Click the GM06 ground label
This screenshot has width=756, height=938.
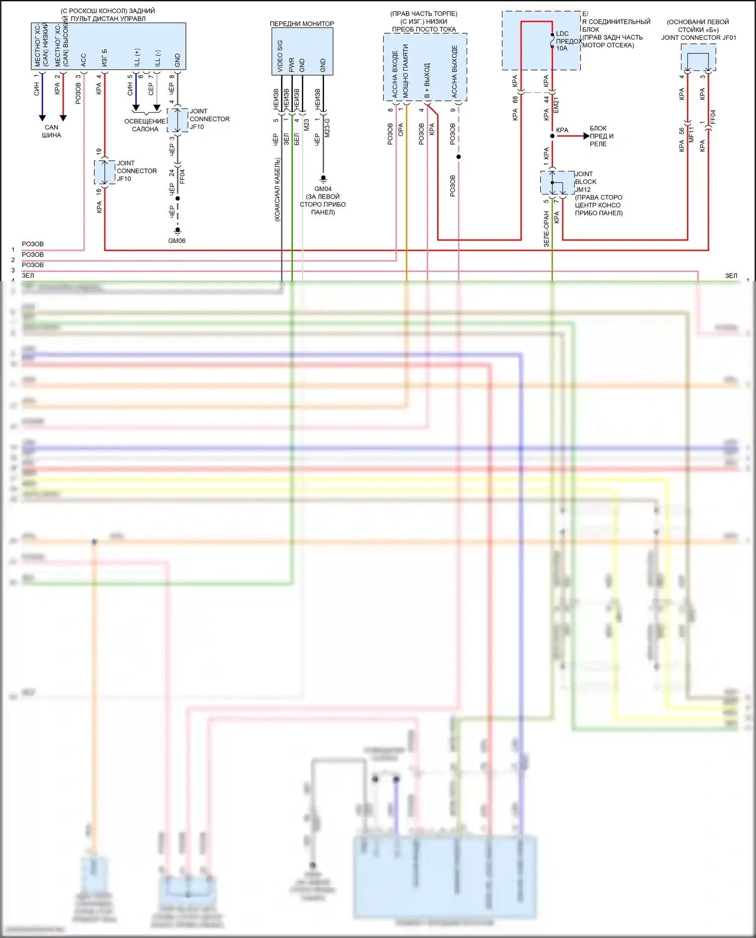coord(177,241)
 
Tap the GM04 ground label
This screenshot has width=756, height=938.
coord(323,189)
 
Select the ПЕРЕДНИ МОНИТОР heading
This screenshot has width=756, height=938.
coord(302,24)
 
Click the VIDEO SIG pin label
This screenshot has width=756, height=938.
coord(280,55)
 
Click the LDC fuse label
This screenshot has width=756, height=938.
coord(562,34)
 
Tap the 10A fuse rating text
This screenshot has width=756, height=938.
coord(561,48)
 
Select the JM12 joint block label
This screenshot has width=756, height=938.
coord(583,190)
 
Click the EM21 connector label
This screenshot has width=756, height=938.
coord(556,105)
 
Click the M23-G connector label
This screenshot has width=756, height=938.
coord(327,128)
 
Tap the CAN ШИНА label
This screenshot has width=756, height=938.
coord(51,132)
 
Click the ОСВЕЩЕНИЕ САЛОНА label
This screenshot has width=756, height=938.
coord(145,125)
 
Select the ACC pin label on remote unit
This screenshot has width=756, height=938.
coord(84,60)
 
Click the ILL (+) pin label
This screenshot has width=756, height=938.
coord(137,57)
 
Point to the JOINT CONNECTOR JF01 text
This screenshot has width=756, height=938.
coord(699,38)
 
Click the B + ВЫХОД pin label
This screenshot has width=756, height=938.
coord(427,81)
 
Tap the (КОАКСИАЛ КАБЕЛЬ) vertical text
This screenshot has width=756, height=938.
coord(277,190)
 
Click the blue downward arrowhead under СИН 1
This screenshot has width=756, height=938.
coord(42,118)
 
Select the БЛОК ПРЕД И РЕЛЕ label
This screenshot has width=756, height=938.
coord(601,136)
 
